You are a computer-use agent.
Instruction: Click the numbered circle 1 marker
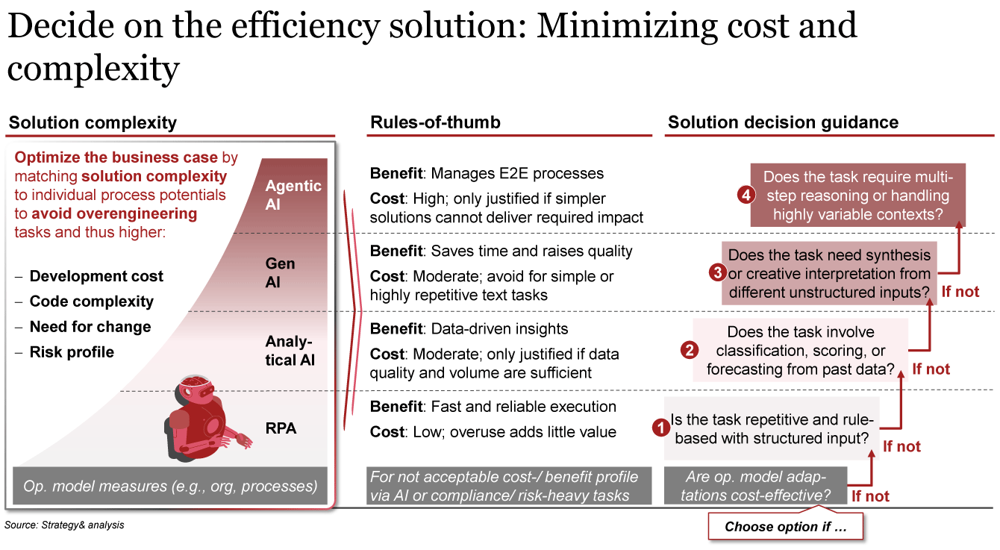(660, 428)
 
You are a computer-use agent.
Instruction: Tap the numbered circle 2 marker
(690, 350)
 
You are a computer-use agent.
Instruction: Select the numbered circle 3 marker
(717, 272)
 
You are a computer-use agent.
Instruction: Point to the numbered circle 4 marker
(746, 195)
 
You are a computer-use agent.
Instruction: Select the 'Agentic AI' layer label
(293, 195)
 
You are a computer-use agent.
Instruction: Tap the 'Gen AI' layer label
(281, 272)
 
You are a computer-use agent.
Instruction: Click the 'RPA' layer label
(281, 428)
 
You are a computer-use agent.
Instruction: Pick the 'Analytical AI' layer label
(290, 351)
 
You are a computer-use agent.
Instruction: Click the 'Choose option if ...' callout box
(785, 526)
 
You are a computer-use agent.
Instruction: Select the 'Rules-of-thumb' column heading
(435, 122)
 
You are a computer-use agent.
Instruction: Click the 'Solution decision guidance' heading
(783, 122)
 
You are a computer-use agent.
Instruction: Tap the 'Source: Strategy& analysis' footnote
(64, 525)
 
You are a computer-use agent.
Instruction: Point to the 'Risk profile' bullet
(72, 351)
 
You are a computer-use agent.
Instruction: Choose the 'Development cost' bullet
(96, 276)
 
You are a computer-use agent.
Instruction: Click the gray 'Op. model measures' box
(169, 486)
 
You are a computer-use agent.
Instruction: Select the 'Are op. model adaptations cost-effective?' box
(755, 486)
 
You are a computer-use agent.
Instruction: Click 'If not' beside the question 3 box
(960, 292)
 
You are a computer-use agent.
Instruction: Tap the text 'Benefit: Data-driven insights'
(469, 328)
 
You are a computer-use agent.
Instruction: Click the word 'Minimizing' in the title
(627, 26)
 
